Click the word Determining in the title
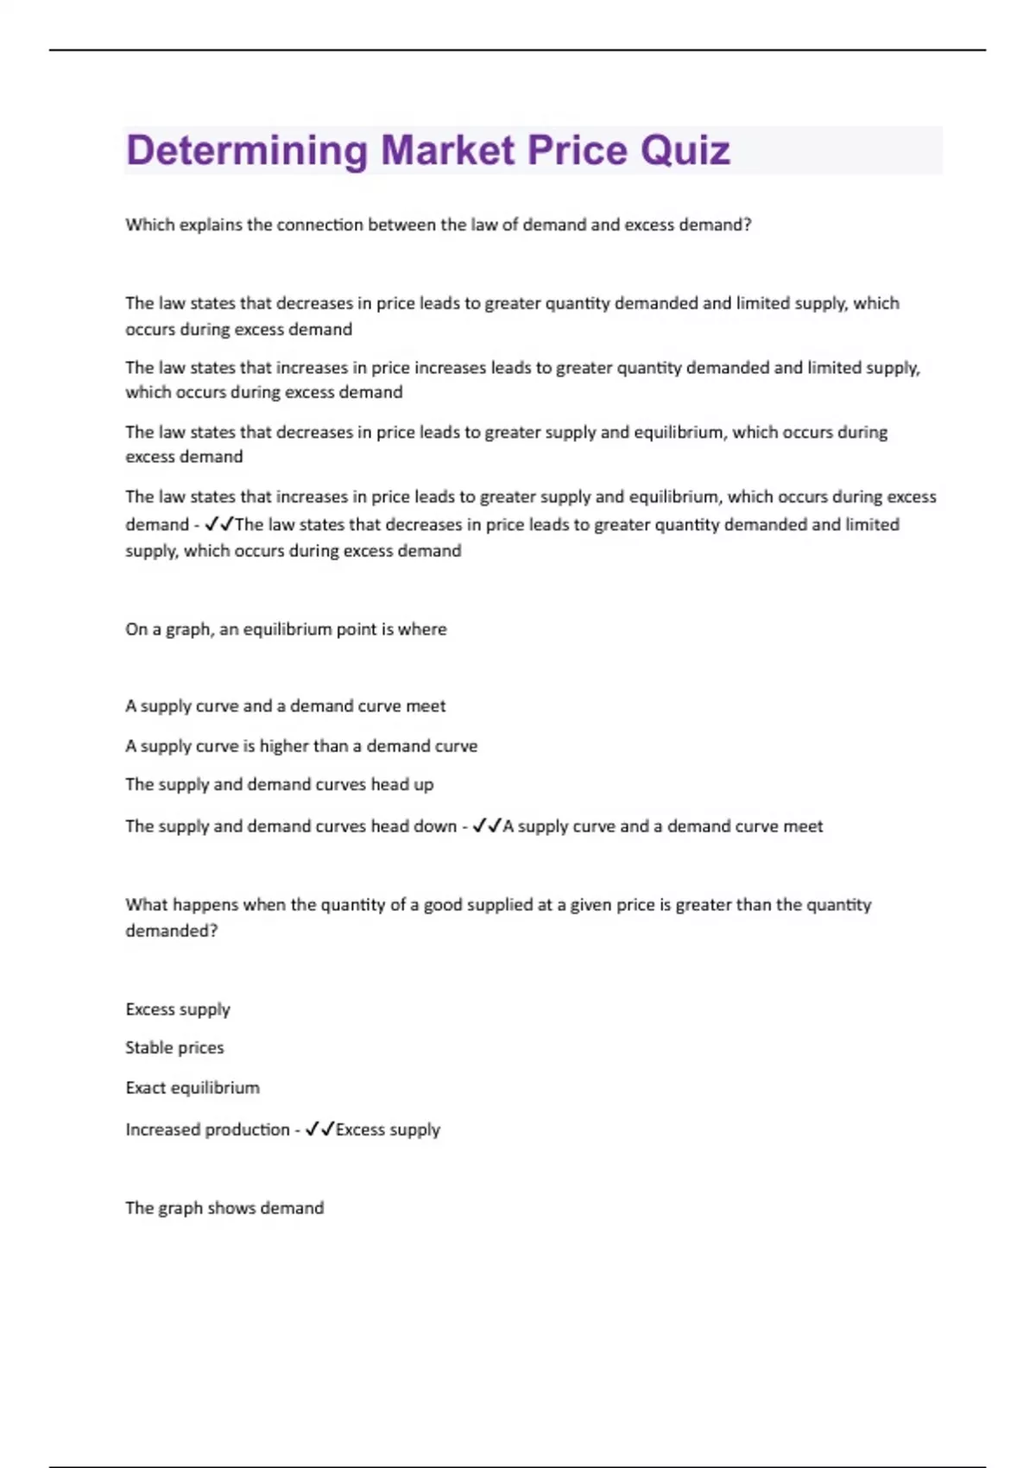247,150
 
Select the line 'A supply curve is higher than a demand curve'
300,745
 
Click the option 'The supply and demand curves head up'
279,784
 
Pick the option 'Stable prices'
174,1047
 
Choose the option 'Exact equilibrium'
193,1087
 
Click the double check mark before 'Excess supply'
319,1129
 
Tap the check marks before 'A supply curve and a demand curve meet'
487,826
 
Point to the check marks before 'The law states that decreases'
220,524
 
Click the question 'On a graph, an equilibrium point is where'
286,629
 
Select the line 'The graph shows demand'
224,1207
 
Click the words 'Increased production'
207,1129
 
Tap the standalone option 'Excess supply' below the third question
178,1009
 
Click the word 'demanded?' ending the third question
171,930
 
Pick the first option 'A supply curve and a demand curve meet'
285,706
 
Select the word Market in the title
448,150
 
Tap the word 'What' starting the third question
144,904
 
